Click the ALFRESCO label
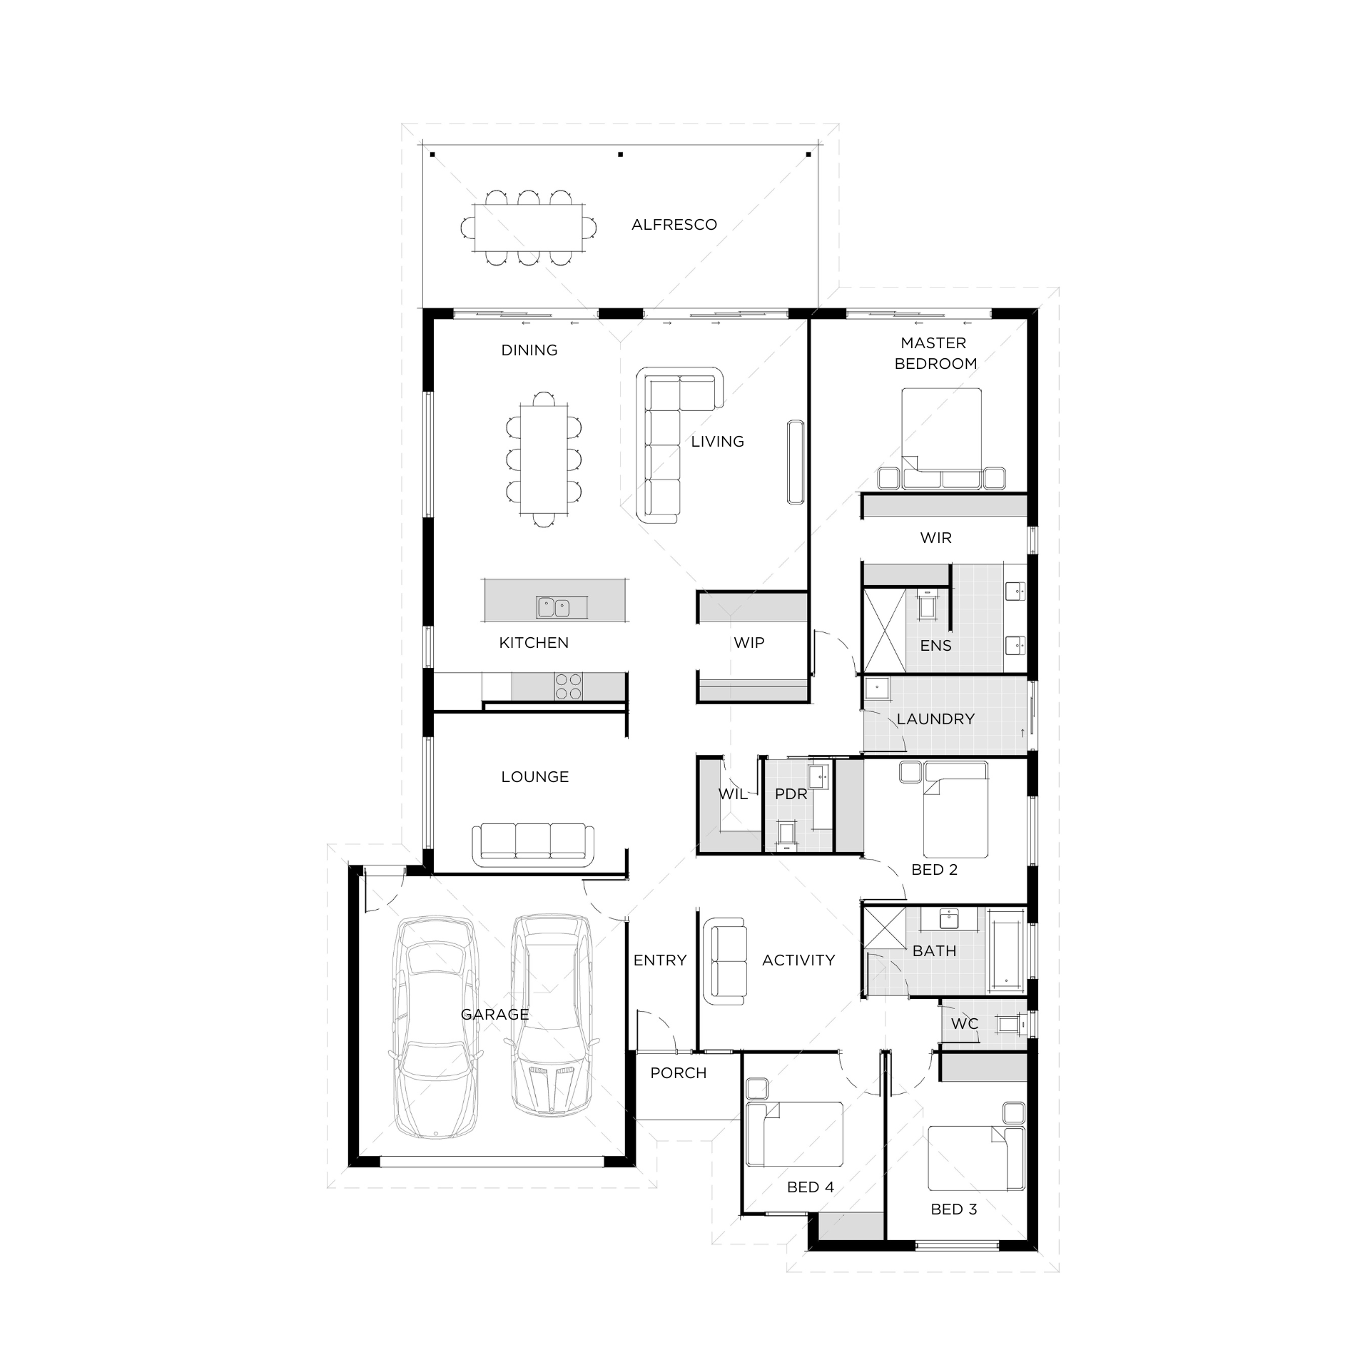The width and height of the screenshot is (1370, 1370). (x=674, y=225)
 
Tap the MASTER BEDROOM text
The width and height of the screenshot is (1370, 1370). (x=935, y=353)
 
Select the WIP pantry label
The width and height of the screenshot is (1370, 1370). (x=749, y=643)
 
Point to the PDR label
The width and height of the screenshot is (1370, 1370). (x=791, y=794)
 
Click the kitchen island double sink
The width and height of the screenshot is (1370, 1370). (x=554, y=607)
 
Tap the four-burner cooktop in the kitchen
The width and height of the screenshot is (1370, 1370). (x=569, y=686)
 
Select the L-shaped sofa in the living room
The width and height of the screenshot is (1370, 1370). (x=678, y=445)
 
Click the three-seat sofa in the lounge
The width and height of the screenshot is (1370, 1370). (x=533, y=846)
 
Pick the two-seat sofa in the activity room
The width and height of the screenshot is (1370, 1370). (x=726, y=962)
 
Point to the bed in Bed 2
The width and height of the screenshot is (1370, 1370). (x=955, y=810)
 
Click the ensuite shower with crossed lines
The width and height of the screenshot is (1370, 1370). (x=885, y=629)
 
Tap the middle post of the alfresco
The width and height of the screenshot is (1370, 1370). (x=621, y=154)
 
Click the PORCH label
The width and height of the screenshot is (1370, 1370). (x=679, y=1073)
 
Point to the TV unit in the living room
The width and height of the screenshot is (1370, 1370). (x=796, y=462)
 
